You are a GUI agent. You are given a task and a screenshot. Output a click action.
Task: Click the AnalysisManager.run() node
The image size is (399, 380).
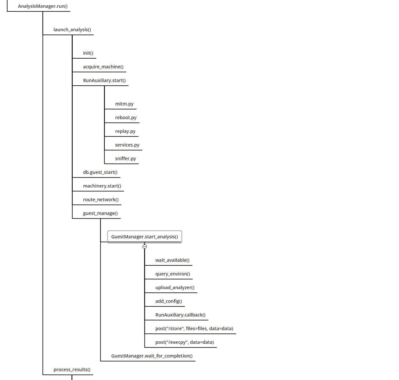43,6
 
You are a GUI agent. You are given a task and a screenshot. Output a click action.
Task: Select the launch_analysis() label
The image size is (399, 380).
72,30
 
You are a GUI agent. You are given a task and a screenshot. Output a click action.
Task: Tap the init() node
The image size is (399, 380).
88,53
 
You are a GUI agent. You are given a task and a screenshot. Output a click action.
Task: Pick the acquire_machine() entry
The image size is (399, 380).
103,67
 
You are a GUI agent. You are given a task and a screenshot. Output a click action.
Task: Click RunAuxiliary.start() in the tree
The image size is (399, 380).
104,80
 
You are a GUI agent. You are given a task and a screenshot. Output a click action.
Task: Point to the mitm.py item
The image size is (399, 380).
124,104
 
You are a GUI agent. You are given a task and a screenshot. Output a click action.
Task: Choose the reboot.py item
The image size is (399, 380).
126,118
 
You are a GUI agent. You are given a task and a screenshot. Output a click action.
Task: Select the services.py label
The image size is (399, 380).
127,145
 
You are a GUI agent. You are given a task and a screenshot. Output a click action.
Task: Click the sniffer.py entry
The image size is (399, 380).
126,159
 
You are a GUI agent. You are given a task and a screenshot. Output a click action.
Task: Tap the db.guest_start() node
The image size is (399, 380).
100,172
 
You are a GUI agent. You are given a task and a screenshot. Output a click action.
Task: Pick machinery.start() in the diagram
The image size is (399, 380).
102,186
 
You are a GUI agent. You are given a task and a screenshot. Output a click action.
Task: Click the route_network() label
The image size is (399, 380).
101,200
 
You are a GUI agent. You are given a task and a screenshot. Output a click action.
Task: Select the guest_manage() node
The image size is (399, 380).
100,213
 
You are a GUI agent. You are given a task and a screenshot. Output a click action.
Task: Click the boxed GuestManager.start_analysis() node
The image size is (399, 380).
144,237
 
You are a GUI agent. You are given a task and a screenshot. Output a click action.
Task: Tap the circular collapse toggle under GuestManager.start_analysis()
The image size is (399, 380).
144,246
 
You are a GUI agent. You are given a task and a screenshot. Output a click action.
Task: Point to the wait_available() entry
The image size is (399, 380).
172,260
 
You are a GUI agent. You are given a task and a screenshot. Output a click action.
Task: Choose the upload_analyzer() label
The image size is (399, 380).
175,288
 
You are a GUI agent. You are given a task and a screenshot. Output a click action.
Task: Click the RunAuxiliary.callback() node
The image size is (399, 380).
180,315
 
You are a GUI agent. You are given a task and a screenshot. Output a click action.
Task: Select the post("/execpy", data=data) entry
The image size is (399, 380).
185,342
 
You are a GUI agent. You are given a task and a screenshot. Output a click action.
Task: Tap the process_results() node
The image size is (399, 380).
72,370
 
